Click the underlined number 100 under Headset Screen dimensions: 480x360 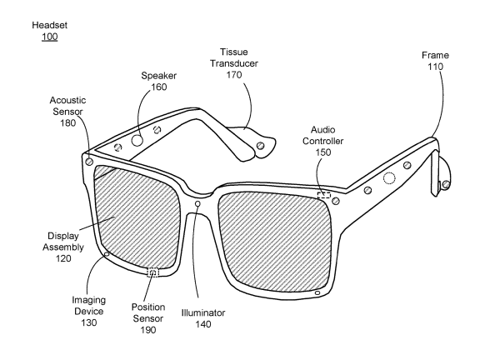coord(50,37)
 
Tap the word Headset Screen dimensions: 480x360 coord(50,25)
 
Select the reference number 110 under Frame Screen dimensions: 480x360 coord(435,67)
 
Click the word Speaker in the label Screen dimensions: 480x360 coord(158,76)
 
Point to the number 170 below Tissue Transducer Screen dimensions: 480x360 coord(234,75)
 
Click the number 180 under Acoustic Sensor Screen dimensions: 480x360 coord(67,123)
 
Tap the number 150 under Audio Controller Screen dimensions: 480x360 coord(323,152)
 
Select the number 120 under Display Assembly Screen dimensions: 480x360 coord(63,258)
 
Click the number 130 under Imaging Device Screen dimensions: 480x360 coord(89,322)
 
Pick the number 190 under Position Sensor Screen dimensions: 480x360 coord(148,330)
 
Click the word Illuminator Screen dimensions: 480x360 coord(203,312)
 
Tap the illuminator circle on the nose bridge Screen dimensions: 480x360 coord(197,203)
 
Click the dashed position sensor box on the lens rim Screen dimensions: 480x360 coord(153,272)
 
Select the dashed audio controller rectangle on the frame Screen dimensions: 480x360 coord(324,195)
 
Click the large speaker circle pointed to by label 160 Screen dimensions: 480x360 coord(137,141)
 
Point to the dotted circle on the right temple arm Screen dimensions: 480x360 coord(389,178)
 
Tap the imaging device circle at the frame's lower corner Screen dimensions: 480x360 coord(107,254)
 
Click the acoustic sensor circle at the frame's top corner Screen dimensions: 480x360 coord(89,161)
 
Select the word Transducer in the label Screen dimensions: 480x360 coord(234,63)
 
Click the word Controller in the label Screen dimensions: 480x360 coord(323,141)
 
